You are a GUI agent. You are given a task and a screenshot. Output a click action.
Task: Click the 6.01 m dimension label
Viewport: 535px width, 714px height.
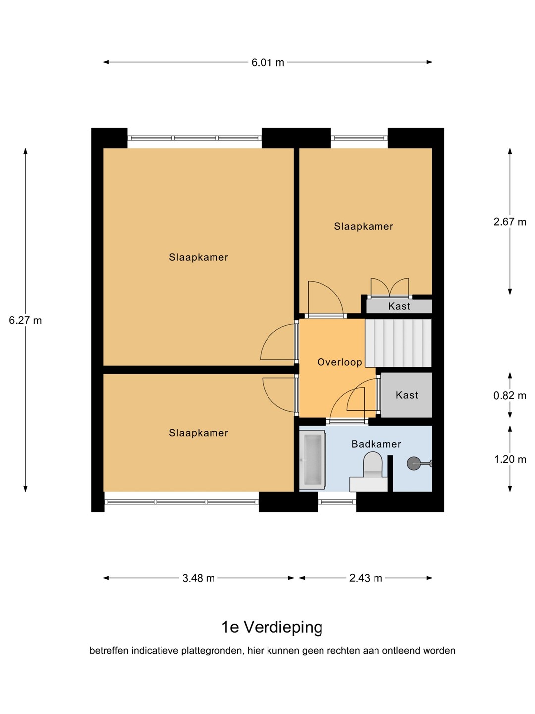coord(267,62)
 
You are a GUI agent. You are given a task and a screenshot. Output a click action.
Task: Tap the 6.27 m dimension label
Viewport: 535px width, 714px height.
coord(25,321)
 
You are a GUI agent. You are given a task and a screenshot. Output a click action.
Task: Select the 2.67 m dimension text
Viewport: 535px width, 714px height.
coord(510,222)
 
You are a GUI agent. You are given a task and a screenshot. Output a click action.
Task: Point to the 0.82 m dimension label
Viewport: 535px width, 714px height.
coord(510,396)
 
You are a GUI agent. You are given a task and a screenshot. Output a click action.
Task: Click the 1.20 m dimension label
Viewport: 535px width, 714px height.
coord(510,459)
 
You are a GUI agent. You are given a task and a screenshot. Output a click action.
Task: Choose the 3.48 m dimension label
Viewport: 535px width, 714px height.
coord(199,578)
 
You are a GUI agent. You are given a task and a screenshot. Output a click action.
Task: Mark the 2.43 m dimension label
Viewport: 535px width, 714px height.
coord(366,578)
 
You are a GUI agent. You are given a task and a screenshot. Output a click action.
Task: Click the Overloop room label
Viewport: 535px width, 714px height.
coord(339,362)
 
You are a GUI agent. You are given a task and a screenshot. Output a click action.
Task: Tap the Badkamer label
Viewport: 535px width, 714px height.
coord(376,444)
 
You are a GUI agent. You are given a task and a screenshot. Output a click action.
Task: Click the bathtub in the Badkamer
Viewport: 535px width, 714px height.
coord(312,460)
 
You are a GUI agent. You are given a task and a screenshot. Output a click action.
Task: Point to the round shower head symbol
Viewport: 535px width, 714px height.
coord(414,463)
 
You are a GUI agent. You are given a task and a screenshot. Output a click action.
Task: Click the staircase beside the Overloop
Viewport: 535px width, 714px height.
coord(398,344)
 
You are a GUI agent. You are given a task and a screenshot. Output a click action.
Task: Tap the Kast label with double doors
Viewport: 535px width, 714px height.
coord(399,306)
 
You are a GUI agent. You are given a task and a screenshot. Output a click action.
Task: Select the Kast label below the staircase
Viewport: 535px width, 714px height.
coord(407,395)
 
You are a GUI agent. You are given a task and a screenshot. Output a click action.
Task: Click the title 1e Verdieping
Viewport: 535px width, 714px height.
coord(272,627)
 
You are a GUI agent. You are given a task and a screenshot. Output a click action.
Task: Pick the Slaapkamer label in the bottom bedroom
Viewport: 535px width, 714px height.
coord(199,433)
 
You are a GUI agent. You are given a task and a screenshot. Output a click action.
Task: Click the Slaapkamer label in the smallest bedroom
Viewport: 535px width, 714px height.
coord(364,226)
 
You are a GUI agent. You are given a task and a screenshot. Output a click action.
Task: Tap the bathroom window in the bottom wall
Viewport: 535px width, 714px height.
coord(337,502)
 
